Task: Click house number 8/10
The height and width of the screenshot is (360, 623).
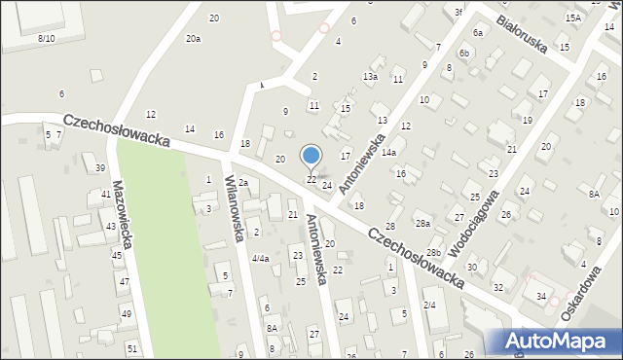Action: pyautogui.click(x=46, y=38)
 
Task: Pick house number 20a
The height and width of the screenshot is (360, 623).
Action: pyautogui.click(x=193, y=39)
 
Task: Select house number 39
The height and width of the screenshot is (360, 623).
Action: pyautogui.click(x=100, y=168)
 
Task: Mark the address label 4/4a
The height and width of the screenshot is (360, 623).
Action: pyautogui.click(x=260, y=259)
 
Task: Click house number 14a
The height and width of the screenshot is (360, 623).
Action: pyautogui.click(x=388, y=153)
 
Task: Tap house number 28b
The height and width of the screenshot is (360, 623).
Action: pyautogui.click(x=432, y=253)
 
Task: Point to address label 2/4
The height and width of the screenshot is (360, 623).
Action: pyautogui.click(x=429, y=305)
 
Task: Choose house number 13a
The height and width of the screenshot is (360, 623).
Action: pyautogui.click(x=370, y=77)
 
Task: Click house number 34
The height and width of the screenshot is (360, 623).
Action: pyautogui.click(x=541, y=296)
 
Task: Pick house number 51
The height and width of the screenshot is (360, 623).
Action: pyautogui.click(x=132, y=348)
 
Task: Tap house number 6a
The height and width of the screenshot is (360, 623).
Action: pyautogui.click(x=478, y=32)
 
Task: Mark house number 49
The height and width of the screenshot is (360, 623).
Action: pyautogui.click(x=126, y=313)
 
